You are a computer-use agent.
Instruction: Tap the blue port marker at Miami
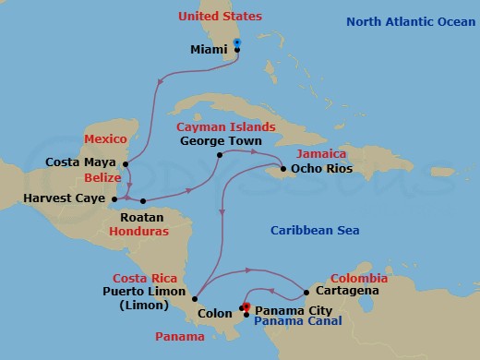coord(237,42)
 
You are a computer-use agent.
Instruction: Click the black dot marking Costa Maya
coord(126,165)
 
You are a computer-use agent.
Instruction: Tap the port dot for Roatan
coord(143,200)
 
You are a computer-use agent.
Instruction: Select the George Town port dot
coord(219,155)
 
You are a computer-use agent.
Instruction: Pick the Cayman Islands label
coord(226,126)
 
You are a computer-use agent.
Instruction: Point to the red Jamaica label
coord(321,153)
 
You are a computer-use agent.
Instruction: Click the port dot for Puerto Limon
coord(195,299)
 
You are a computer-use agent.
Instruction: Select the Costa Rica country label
coord(143,278)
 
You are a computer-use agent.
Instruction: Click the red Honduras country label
coord(138,232)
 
